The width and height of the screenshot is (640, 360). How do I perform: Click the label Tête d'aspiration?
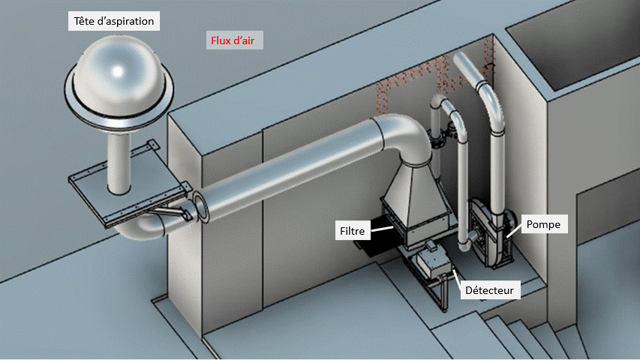(x=115, y=21)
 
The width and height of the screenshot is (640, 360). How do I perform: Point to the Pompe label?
(x=542, y=223)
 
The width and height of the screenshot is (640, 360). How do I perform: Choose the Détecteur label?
(x=490, y=288)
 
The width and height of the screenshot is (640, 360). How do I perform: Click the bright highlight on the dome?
(x=118, y=71)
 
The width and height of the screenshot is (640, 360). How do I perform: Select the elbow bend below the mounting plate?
(x=143, y=229)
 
